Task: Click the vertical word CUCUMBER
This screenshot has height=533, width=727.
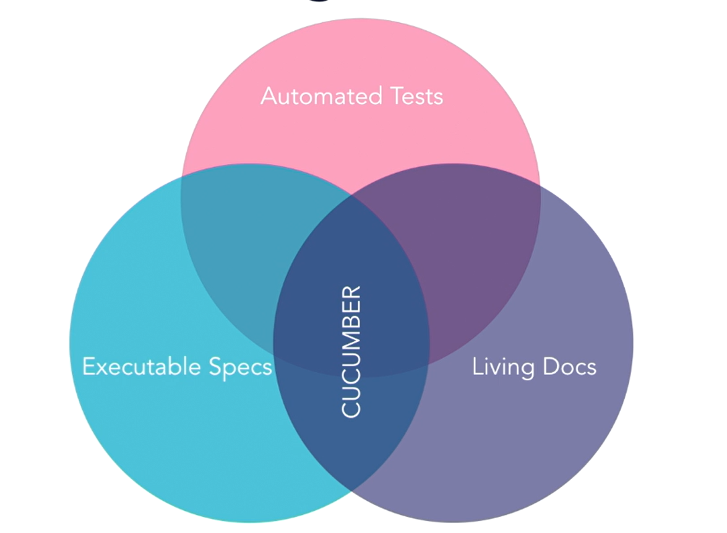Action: click(x=351, y=351)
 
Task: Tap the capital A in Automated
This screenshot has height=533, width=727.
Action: click(x=269, y=96)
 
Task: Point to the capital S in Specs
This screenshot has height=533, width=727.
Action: click(x=215, y=367)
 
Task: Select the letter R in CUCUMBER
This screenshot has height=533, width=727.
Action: click(x=351, y=294)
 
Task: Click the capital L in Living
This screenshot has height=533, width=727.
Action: click(x=476, y=367)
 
